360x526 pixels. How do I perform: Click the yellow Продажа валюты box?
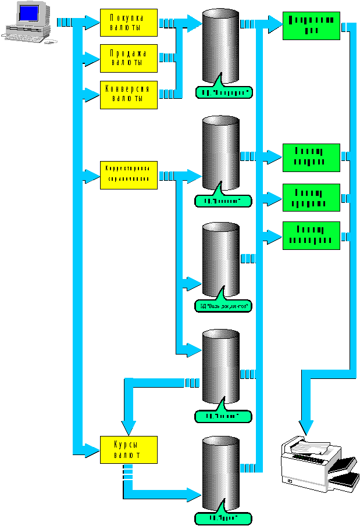(129, 58)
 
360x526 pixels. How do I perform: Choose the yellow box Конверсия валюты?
(129, 94)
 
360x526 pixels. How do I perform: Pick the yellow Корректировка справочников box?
(129, 174)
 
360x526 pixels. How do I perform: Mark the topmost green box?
(311, 24)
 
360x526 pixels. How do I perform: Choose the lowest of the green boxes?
(311, 235)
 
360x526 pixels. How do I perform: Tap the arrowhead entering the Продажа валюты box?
(93, 58)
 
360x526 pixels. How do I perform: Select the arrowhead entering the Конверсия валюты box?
(93, 94)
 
